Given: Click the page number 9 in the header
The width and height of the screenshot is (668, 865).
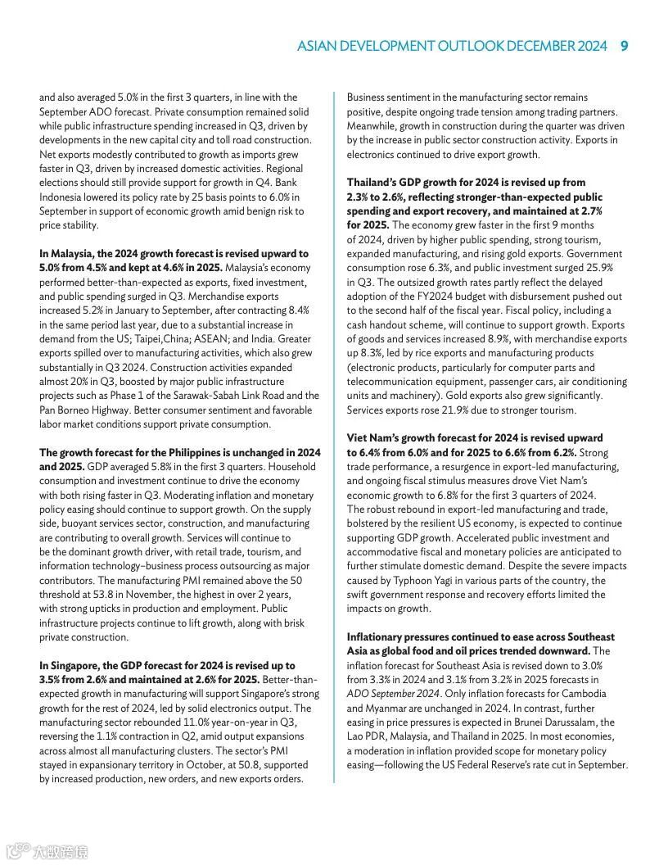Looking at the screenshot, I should [x=624, y=46].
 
